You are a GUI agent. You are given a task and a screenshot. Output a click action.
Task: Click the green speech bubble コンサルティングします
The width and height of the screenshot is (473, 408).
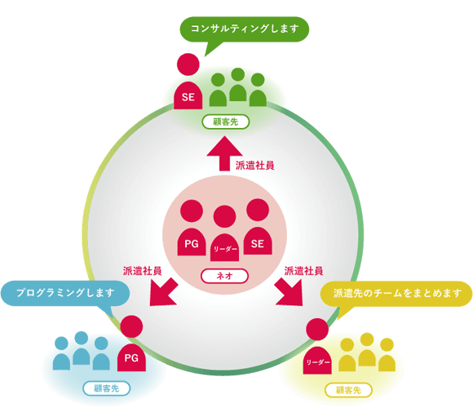(245, 29)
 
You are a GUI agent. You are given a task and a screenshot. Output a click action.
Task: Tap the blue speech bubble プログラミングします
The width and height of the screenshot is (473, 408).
(65, 293)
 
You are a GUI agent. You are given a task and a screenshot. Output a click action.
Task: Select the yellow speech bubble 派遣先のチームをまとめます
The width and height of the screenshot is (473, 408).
(396, 294)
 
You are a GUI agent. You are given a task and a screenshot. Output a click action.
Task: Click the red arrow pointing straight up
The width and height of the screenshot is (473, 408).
(224, 153)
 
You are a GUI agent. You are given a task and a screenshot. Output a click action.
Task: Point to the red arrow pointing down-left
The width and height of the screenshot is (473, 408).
(164, 292)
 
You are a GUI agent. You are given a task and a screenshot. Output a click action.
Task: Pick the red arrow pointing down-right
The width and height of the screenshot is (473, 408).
(289, 292)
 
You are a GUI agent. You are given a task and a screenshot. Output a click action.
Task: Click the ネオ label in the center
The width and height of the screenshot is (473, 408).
(225, 276)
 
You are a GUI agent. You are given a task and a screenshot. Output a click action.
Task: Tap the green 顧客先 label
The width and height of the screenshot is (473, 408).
(226, 122)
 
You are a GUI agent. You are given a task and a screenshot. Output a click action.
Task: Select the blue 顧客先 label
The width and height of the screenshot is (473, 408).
(107, 388)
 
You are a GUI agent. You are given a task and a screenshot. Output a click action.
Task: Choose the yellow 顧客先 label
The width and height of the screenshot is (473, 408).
(348, 391)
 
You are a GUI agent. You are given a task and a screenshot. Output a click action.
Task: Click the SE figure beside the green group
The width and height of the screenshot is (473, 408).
(188, 81)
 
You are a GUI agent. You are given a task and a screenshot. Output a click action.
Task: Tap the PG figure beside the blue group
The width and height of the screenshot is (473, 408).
(131, 343)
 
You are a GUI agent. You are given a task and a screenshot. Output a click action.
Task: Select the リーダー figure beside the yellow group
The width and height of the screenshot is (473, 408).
(317, 346)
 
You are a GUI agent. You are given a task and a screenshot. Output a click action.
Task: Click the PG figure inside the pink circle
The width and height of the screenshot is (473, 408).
(192, 228)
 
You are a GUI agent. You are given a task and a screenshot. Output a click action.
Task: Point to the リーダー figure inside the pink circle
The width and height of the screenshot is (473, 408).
(225, 233)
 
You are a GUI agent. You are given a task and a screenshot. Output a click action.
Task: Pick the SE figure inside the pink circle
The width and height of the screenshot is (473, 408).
(258, 227)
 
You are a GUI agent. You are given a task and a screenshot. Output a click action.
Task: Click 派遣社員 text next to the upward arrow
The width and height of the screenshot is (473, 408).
(255, 166)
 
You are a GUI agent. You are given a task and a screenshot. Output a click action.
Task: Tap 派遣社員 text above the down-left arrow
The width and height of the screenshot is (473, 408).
(142, 271)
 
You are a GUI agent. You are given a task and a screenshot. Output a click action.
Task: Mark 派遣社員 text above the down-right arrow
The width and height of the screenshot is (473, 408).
(303, 271)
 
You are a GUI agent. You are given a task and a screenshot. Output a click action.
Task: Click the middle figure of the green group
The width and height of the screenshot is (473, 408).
(238, 85)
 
